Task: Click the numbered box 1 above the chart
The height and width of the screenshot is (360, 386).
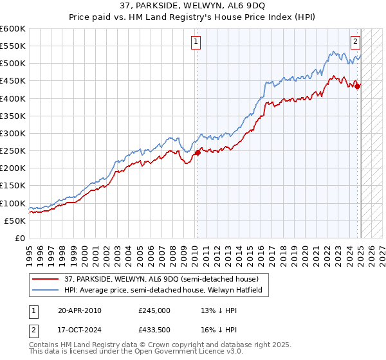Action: [196, 42]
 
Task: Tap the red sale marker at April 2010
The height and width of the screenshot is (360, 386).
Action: [198, 152]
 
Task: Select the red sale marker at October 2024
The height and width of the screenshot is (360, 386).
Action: [358, 85]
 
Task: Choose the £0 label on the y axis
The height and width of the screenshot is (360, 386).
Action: [21, 238]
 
